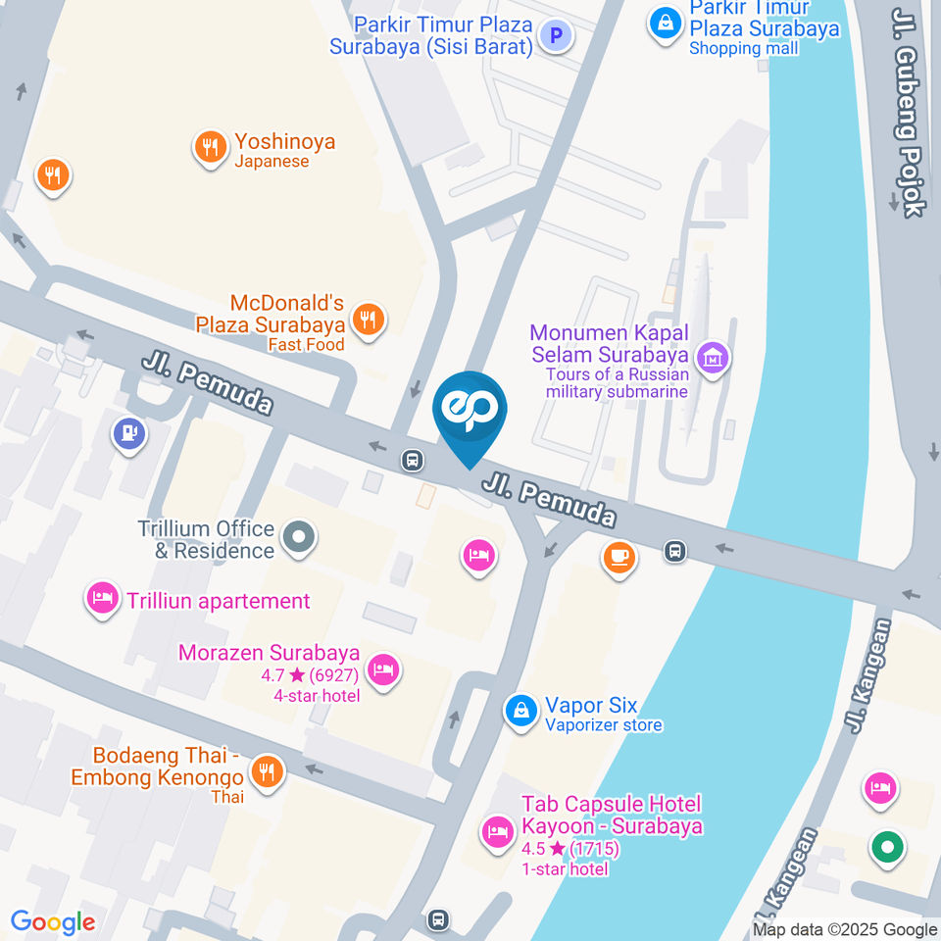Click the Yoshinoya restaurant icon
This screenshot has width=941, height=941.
tap(209, 149)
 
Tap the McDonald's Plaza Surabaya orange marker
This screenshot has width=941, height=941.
tap(369, 318)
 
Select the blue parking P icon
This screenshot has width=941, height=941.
tap(557, 37)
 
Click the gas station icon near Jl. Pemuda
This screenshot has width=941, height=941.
tap(129, 433)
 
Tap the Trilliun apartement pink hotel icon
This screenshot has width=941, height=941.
tap(103, 599)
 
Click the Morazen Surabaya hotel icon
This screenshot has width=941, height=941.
tap(382, 670)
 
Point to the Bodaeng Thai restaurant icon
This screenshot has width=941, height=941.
tap(266, 770)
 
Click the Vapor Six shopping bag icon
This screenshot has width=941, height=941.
tap(520, 712)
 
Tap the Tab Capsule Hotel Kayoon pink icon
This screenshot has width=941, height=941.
tap(497, 833)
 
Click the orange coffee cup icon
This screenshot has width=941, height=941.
tap(619, 558)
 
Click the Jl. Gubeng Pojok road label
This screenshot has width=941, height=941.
tap(908, 113)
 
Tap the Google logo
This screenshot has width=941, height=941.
tap(53, 921)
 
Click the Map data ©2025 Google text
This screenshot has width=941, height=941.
tap(845, 929)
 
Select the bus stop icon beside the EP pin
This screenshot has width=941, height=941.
tap(414, 459)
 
